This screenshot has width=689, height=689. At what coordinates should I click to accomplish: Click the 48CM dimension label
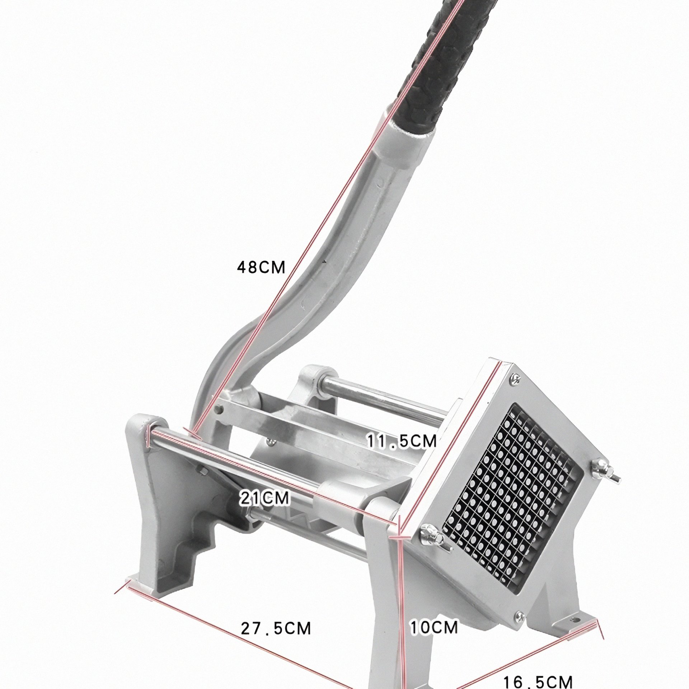click(261, 267)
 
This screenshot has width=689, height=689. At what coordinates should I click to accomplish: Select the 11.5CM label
click(402, 441)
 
